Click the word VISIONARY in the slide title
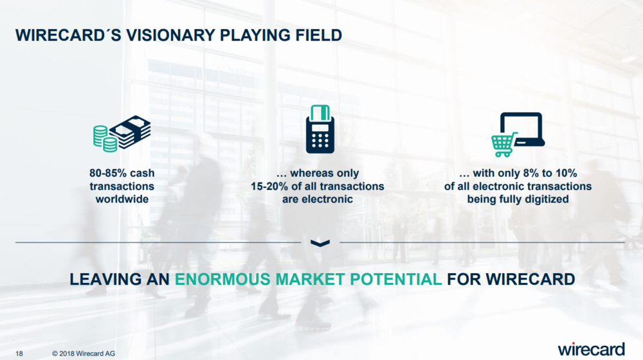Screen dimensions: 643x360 (x=170, y=35)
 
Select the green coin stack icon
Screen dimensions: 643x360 (x=105, y=139)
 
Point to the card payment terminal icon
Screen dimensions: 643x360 (x=320, y=129)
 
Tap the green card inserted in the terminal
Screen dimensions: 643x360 (x=320, y=113)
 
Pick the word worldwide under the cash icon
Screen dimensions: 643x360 (x=122, y=199)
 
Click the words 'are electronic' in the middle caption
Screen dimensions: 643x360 (x=318, y=199)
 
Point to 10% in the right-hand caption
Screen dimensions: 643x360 (x=566, y=173)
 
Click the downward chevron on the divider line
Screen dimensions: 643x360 (x=320, y=243)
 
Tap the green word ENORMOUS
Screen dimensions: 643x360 (x=222, y=279)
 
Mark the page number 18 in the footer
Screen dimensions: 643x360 (x=19, y=354)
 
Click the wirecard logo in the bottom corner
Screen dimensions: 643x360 (x=591, y=349)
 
